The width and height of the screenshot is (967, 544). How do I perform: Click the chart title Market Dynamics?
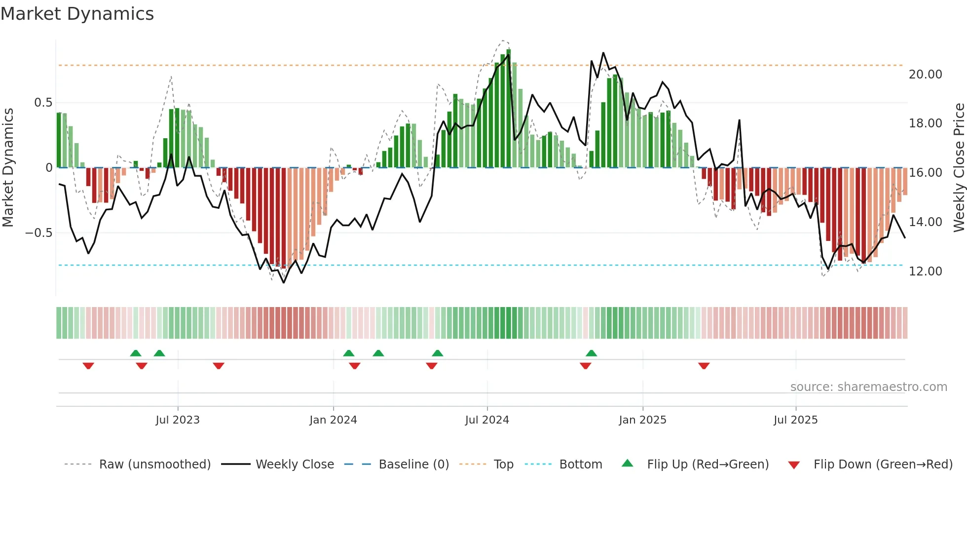click(x=77, y=14)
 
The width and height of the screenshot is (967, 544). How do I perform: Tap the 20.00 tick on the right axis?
click(x=925, y=75)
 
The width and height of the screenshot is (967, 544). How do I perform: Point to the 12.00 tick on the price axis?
click(x=925, y=272)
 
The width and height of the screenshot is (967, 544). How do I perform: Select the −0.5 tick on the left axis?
click(x=38, y=233)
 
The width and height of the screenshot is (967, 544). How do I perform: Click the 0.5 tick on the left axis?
click(x=43, y=103)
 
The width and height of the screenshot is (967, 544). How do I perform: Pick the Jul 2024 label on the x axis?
click(x=486, y=420)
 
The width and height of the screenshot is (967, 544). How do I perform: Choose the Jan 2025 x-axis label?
click(x=642, y=420)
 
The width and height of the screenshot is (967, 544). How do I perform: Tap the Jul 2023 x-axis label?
click(x=178, y=420)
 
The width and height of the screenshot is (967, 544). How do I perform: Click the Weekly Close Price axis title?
click(x=959, y=168)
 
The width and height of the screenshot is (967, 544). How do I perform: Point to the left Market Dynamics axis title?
click(x=8, y=168)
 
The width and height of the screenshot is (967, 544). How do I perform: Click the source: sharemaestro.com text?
click(x=868, y=387)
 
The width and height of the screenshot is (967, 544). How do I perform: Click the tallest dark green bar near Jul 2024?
click(x=509, y=109)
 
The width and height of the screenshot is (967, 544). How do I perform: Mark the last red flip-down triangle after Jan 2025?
click(x=704, y=366)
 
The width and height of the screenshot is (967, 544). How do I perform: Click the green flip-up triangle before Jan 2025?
click(x=592, y=353)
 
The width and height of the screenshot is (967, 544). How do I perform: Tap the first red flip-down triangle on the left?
click(x=88, y=366)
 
